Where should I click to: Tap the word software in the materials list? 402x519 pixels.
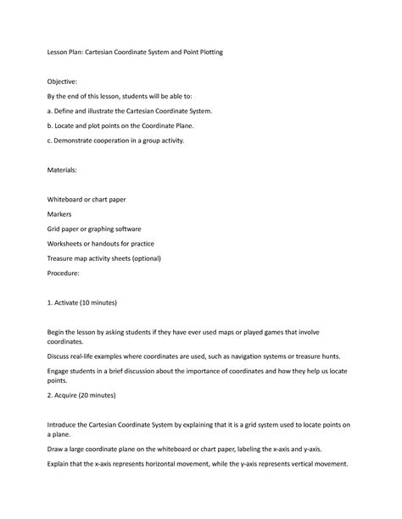tap(126, 229)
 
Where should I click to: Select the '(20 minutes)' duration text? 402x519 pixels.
tap(94, 395)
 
